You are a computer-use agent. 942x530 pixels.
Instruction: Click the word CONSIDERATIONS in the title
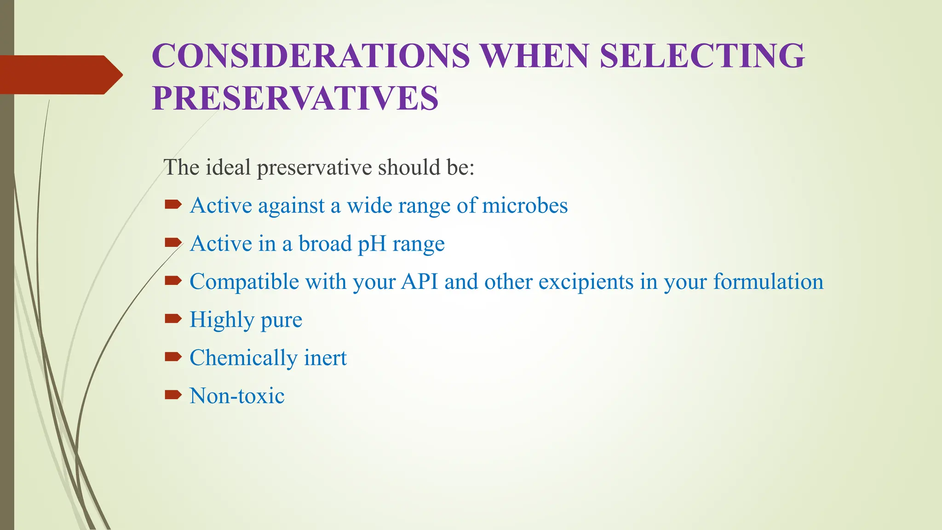pos(311,56)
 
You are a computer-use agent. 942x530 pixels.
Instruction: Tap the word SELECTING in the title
pos(702,56)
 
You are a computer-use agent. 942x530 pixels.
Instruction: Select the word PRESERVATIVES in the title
pos(295,98)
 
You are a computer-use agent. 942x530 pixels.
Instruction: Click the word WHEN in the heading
pos(534,56)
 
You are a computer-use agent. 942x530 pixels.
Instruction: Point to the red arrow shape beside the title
pos(60,75)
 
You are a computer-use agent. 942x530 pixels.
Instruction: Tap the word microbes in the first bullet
pos(524,205)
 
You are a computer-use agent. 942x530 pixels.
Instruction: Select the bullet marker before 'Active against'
pos(173,204)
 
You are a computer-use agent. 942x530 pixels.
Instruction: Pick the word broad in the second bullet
pos(325,243)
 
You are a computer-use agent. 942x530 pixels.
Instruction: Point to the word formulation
pos(768,282)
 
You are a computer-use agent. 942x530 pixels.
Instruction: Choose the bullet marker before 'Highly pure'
pos(173,318)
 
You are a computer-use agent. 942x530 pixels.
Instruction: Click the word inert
pos(325,358)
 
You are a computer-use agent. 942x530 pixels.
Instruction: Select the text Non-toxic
pos(237,396)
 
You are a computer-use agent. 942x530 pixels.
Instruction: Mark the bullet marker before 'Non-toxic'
pos(173,394)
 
